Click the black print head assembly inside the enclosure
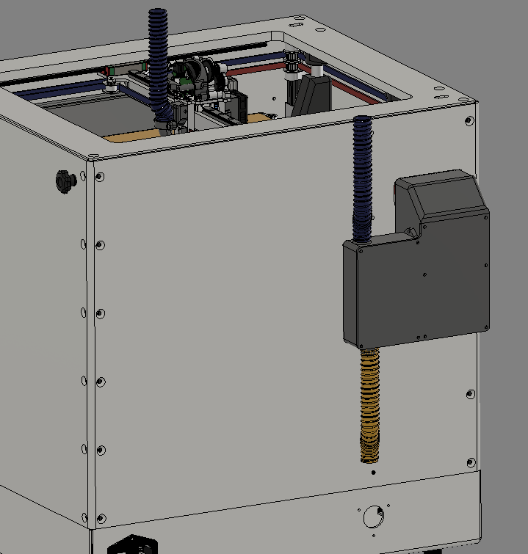[x=195, y=81]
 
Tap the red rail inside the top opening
[x=257, y=71]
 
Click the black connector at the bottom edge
[x=132, y=546]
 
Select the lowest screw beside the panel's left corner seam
[x=101, y=518]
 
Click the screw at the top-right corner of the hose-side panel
[x=469, y=122]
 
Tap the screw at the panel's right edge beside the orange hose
[x=471, y=395]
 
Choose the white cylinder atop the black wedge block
[x=317, y=70]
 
